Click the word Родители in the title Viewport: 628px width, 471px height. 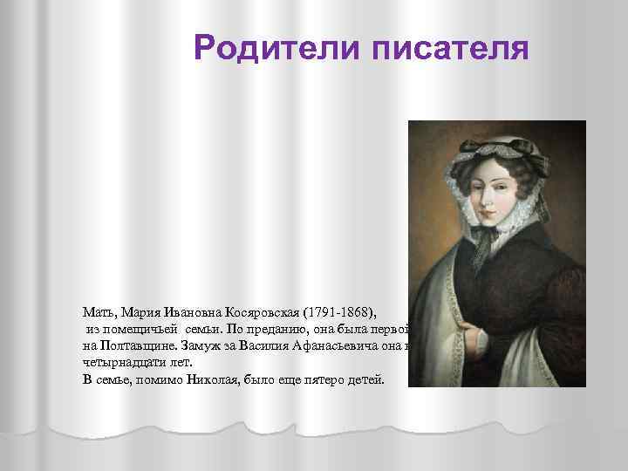(277, 48)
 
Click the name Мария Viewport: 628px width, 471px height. (140, 311)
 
